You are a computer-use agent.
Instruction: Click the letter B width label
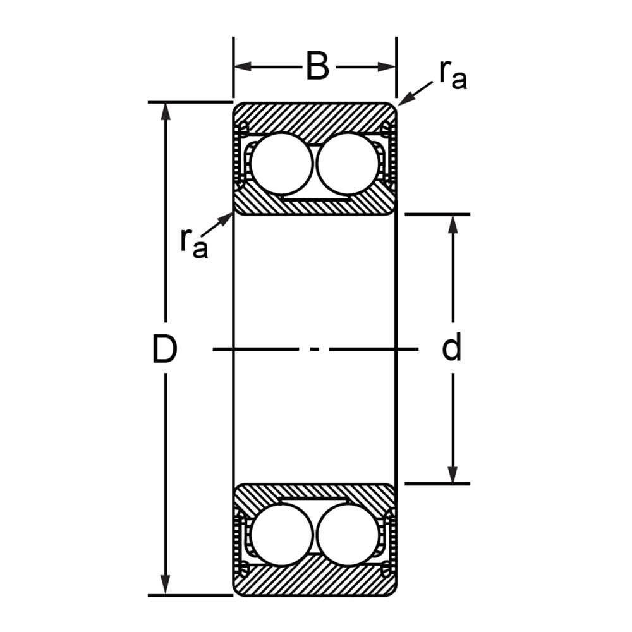pyautogui.click(x=317, y=67)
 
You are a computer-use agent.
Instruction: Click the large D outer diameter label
pyautogui.click(x=164, y=349)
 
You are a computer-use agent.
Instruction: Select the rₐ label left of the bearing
pyautogui.click(x=193, y=241)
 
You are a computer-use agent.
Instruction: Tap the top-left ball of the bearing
pyautogui.click(x=281, y=164)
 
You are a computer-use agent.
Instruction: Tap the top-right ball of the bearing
pyautogui.click(x=348, y=164)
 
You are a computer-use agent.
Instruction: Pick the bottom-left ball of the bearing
pyautogui.click(x=281, y=534)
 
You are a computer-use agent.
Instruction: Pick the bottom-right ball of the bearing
pyautogui.click(x=348, y=534)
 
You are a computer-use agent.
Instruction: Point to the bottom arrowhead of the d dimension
pyautogui.click(x=453, y=475)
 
